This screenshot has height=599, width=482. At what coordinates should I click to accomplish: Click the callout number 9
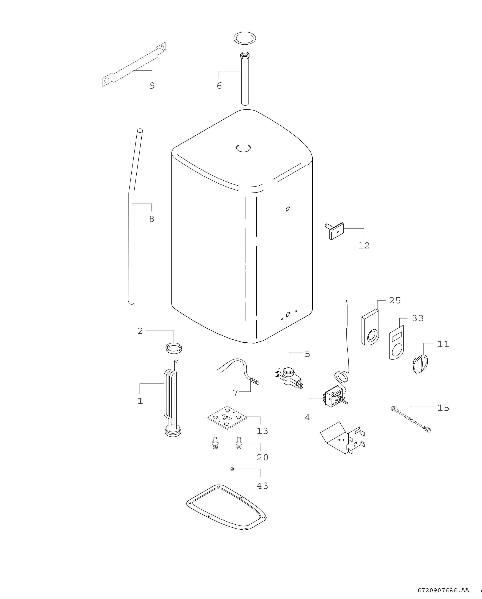click(152, 86)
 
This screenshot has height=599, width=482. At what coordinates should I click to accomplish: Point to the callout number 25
click(395, 300)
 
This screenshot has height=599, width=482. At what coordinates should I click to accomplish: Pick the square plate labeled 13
click(227, 418)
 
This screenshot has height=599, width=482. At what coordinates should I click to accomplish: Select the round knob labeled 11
click(420, 364)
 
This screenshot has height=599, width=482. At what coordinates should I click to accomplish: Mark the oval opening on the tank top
click(243, 148)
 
